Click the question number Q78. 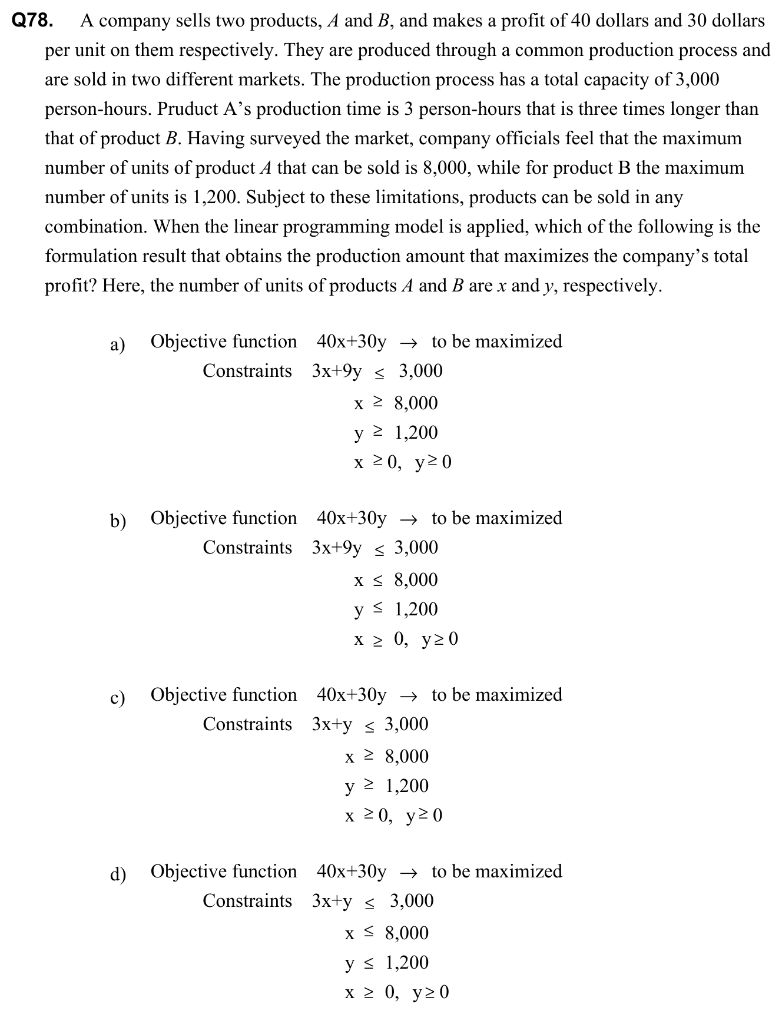pyautogui.click(x=33, y=21)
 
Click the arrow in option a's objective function pyautogui.click(x=409, y=343)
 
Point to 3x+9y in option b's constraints pyautogui.click(x=337, y=548)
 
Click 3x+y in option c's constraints pyautogui.click(x=332, y=725)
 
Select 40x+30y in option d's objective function pyautogui.click(x=352, y=871)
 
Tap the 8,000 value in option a pyautogui.click(x=416, y=403)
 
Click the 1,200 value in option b pyautogui.click(x=416, y=609)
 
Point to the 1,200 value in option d pyautogui.click(x=407, y=963)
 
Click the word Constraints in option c pyautogui.click(x=247, y=724)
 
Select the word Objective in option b pyautogui.click(x=188, y=518)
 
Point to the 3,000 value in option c pyautogui.click(x=406, y=724)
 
